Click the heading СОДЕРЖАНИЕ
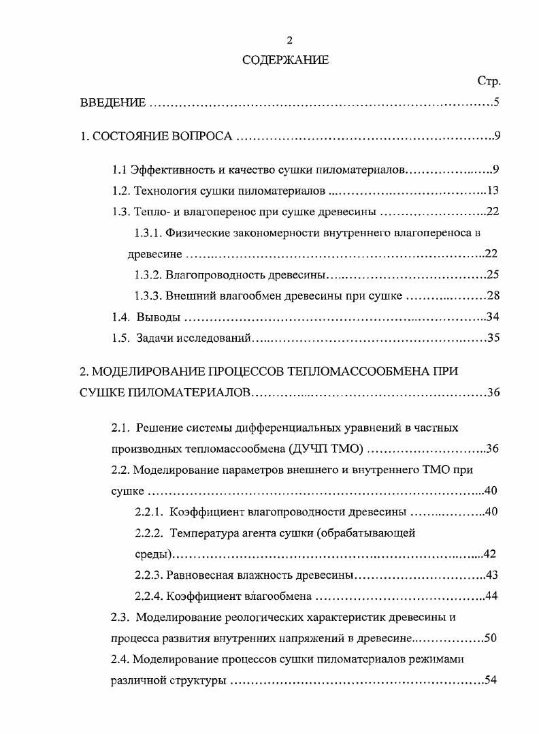click(x=286, y=60)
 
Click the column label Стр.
click(x=489, y=82)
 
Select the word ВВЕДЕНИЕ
click(x=113, y=103)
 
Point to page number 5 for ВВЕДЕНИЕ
click(x=497, y=103)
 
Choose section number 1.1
click(x=120, y=169)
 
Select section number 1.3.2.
click(x=148, y=275)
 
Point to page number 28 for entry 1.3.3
click(x=493, y=296)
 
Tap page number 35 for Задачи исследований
click(x=493, y=338)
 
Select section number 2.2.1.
click(x=149, y=512)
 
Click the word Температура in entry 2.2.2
click(x=202, y=533)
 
